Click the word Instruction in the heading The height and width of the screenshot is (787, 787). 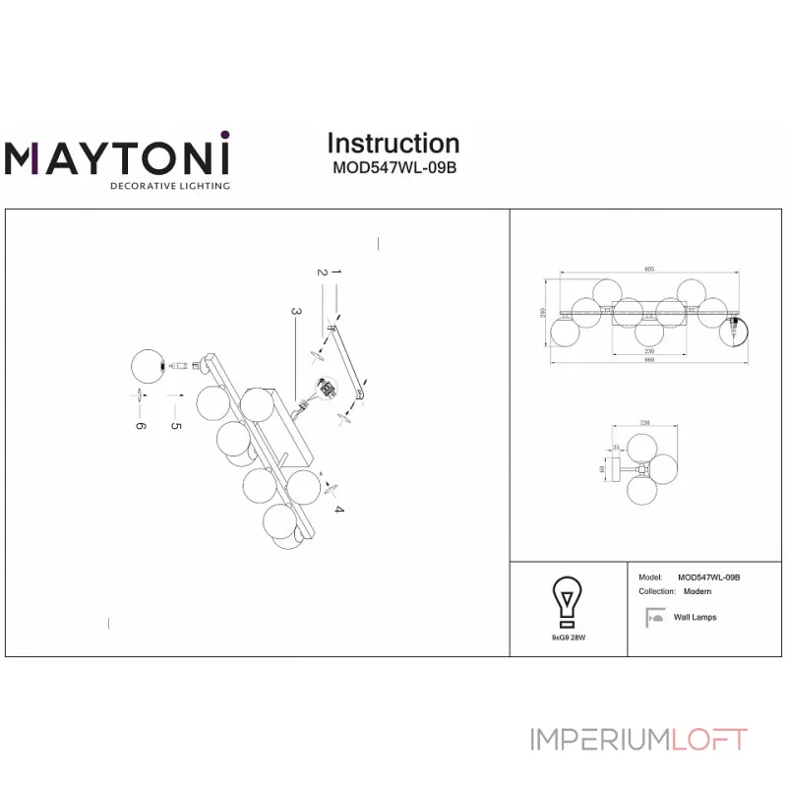393,144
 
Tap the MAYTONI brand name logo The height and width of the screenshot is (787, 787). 117,157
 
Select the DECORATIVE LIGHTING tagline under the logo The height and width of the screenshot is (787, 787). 169,185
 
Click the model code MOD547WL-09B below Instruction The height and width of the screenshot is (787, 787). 393,167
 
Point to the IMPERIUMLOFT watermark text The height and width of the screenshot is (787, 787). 638,740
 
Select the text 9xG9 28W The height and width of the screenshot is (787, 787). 568,637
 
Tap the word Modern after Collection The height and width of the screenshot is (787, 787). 696,592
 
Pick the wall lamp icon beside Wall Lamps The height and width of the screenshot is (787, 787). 652,618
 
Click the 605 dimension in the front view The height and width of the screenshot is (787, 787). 649,269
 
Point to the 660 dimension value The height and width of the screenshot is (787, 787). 649,359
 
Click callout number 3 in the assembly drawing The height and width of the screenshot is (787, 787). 294,311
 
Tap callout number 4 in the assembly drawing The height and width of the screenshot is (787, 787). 337,509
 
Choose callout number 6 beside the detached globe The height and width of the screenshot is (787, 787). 140,426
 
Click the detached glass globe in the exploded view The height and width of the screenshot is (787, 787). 149,366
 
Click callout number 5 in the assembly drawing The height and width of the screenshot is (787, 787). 177,426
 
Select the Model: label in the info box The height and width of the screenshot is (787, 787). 649,577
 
